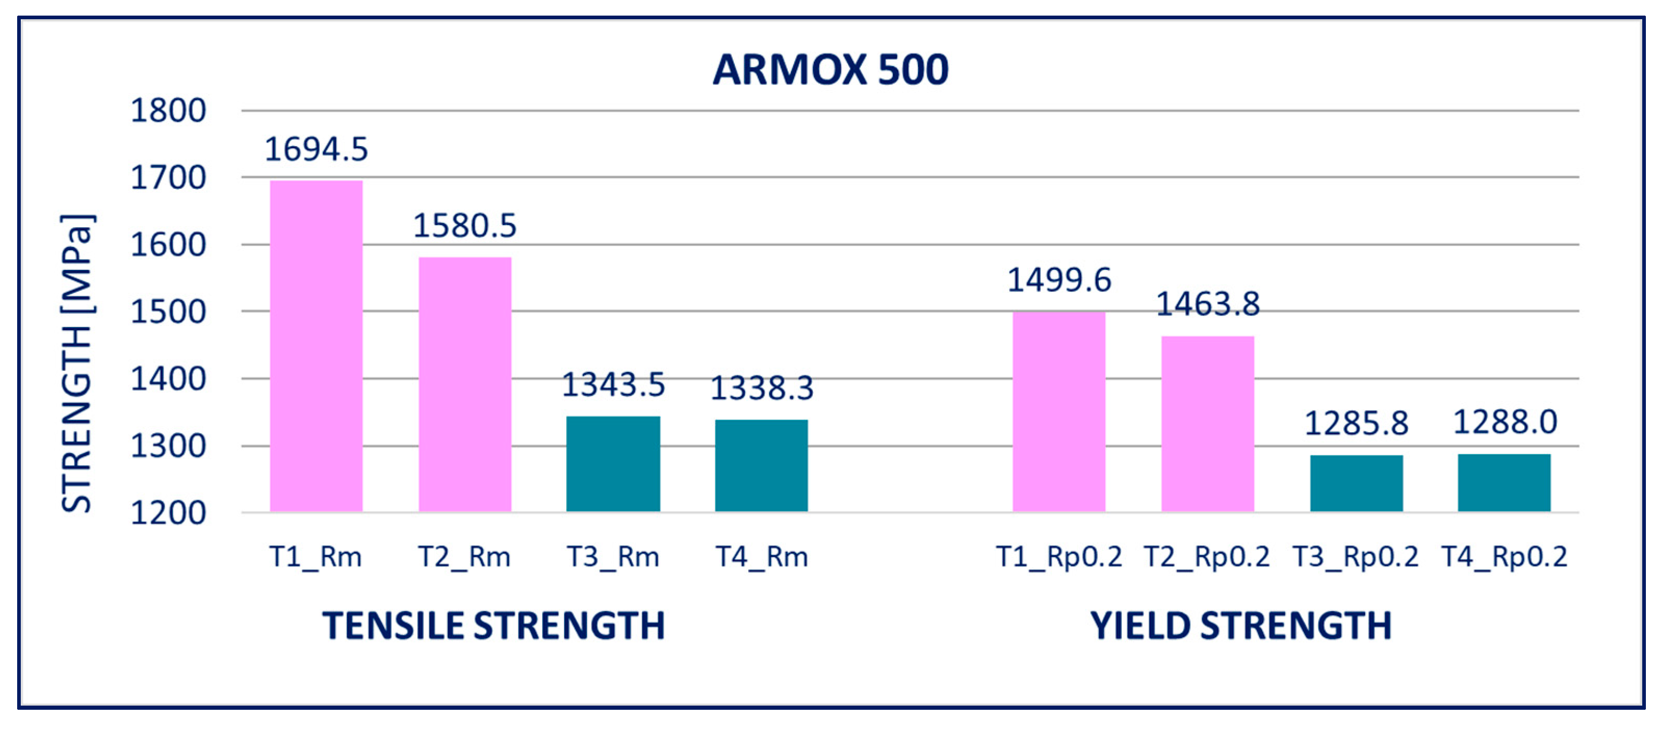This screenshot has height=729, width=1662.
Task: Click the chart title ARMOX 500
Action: (830, 70)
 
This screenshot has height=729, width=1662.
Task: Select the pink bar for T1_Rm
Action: (316, 346)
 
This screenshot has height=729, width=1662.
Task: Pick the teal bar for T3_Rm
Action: (613, 464)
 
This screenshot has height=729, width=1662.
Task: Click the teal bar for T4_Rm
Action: (761, 465)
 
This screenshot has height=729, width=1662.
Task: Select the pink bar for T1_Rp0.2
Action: (1059, 412)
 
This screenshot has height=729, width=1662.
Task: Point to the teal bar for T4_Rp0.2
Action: (1504, 483)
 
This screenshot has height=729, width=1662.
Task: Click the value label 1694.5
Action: (316, 150)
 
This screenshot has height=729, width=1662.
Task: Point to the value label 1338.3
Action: (762, 388)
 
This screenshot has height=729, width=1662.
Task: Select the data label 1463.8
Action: (1208, 304)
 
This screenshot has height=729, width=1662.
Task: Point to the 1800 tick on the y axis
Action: (168, 111)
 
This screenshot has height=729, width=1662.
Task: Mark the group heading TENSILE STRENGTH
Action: (494, 626)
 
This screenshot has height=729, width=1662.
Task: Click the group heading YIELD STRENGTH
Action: (1241, 626)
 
